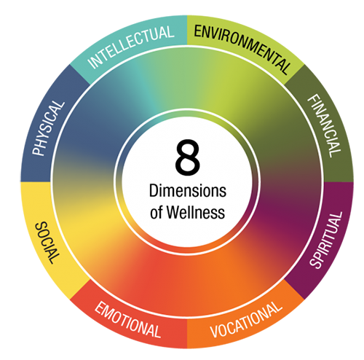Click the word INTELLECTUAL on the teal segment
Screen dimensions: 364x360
click(131, 47)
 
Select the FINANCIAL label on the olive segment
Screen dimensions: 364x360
click(324, 125)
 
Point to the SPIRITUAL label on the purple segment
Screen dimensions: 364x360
click(326, 240)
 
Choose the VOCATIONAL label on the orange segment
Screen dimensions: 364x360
click(246, 319)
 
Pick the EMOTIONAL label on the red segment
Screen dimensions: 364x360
click(127, 320)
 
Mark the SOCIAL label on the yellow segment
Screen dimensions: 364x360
click(47, 243)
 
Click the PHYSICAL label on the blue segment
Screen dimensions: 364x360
click(49, 128)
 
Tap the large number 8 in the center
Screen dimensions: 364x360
click(187, 157)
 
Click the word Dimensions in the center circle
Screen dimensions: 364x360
click(188, 191)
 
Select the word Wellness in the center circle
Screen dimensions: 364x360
click(196, 212)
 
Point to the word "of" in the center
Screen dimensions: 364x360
click(157, 213)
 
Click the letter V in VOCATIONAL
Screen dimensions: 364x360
click(215, 331)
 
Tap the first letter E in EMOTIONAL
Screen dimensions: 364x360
click(100, 308)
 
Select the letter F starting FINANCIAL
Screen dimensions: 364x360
click(313, 98)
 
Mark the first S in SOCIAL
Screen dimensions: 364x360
click(41, 226)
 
